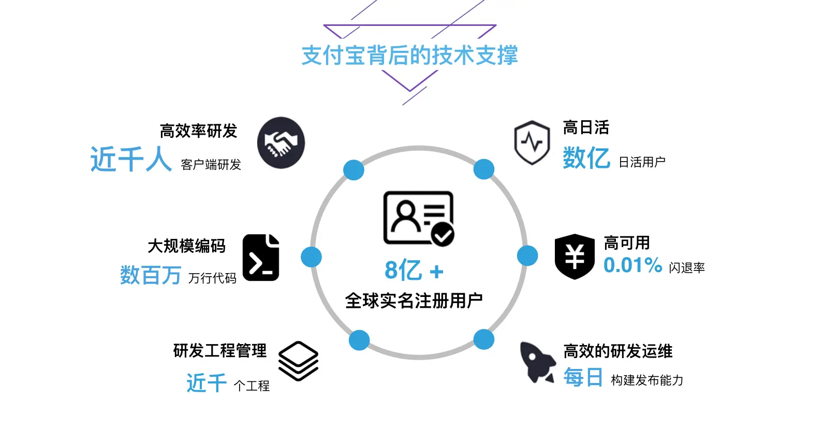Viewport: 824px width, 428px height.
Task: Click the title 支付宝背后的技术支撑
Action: (409, 55)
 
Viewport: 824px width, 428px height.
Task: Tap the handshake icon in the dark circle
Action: (281, 143)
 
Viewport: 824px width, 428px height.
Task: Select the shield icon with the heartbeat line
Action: (532, 142)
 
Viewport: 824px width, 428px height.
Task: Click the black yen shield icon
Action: (575, 256)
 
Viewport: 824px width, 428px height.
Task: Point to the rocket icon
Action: (537, 362)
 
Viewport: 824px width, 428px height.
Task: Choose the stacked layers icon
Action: (298, 361)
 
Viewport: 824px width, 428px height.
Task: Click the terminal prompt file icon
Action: (261, 258)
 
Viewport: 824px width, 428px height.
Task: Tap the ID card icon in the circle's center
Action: (418, 218)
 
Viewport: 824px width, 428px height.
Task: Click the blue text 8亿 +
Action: (414, 270)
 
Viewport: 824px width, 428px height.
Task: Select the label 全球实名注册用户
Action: (414, 301)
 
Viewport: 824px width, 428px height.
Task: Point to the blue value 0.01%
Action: (632, 265)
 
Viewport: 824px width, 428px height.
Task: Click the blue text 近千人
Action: (130, 159)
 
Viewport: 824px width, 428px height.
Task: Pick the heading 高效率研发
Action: (198, 131)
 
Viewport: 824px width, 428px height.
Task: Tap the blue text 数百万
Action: (150, 275)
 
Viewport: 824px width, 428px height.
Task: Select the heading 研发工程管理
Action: (220, 351)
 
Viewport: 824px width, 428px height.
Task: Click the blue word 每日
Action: (583, 377)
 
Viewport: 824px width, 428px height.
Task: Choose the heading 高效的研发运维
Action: (618, 351)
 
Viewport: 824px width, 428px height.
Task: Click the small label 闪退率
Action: (687, 268)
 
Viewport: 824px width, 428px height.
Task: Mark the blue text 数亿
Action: (586, 158)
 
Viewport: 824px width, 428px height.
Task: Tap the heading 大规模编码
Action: (186, 246)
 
